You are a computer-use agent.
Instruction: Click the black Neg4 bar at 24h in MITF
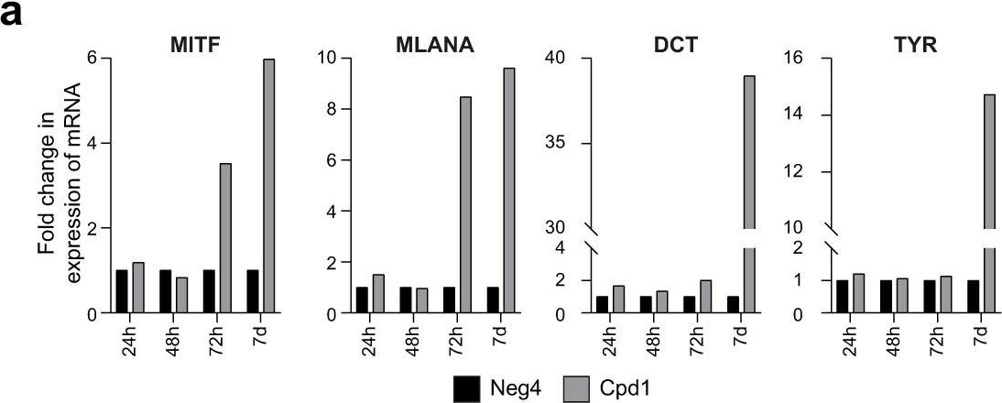[x=122, y=292]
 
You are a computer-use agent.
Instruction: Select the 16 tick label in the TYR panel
[x=796, y=59]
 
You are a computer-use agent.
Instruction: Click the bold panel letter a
[x=13, y=16]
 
